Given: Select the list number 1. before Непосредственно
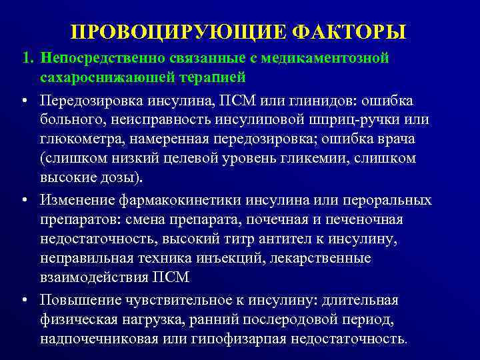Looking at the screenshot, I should (27, 59).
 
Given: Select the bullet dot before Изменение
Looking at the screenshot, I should (24, 201).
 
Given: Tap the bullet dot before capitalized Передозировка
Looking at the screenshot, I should (24, 101).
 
